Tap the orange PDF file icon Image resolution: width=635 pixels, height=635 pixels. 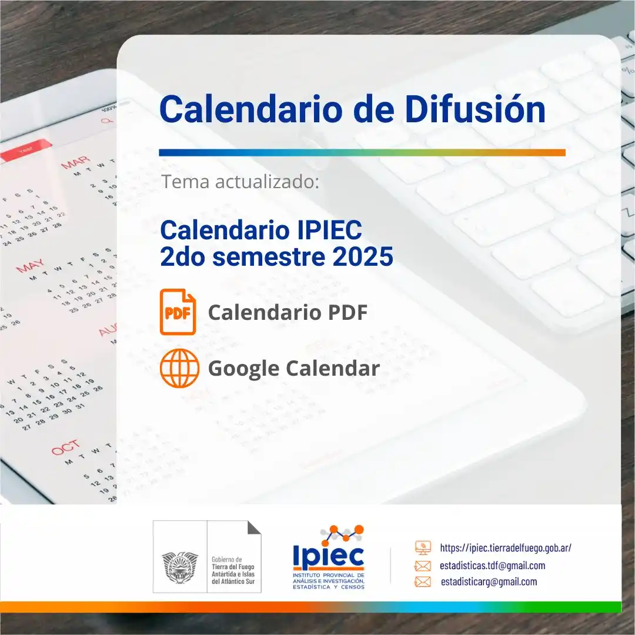[178, 312]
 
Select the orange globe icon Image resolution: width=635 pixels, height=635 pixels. [178, 368]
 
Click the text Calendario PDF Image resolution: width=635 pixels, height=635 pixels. [288, 313]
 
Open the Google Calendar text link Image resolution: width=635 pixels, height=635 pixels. [293, 369]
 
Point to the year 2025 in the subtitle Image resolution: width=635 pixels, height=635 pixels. [365, 257]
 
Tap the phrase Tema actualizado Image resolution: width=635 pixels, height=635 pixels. [240, 182]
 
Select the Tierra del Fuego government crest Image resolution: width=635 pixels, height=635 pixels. [180, 567]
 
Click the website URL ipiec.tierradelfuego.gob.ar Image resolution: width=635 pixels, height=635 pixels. [506, 547]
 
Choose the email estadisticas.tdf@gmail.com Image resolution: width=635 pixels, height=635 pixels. [493, 566]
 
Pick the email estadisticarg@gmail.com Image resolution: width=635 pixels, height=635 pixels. [489, 582]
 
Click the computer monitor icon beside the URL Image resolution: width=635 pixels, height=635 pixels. [423, 547]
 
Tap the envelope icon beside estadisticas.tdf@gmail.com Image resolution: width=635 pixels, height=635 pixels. [423, 566]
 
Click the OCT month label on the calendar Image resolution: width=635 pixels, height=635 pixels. [65, 449]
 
